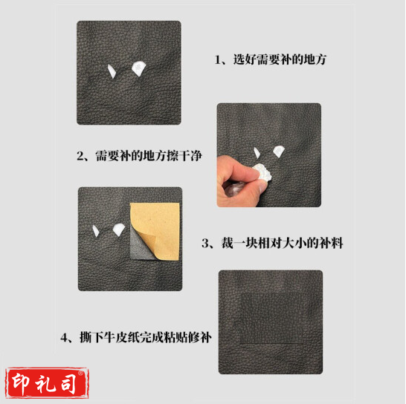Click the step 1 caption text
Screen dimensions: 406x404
click(271, 59)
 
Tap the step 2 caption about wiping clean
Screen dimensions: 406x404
click(139, 156)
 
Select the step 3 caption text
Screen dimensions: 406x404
click(272, 243)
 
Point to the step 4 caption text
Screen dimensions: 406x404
click(136, 337)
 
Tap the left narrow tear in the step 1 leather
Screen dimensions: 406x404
click(112, 71)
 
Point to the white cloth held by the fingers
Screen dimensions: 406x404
click(262, 172)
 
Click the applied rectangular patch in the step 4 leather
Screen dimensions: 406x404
click(272, 319)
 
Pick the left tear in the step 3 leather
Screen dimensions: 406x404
click(96, 231)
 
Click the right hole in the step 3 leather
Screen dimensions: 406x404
click(118, 229)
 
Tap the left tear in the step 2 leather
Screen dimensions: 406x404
click(257, 152)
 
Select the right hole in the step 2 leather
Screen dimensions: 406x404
click(278, 151)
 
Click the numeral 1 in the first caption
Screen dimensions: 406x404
click(217, 60)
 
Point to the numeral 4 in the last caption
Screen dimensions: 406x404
click(64, 338)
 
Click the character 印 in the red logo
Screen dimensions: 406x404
click(21, 382)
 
